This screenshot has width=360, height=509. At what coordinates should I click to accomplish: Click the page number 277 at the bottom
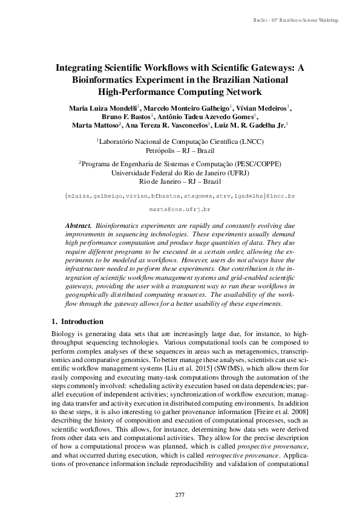pyautogui.click(x=180, y=495)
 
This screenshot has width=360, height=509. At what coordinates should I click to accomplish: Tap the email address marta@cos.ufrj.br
pyautogui.click(x=179, y=209)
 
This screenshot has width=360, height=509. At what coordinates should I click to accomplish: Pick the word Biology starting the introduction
pyautogui.click(x=60, y=334)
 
